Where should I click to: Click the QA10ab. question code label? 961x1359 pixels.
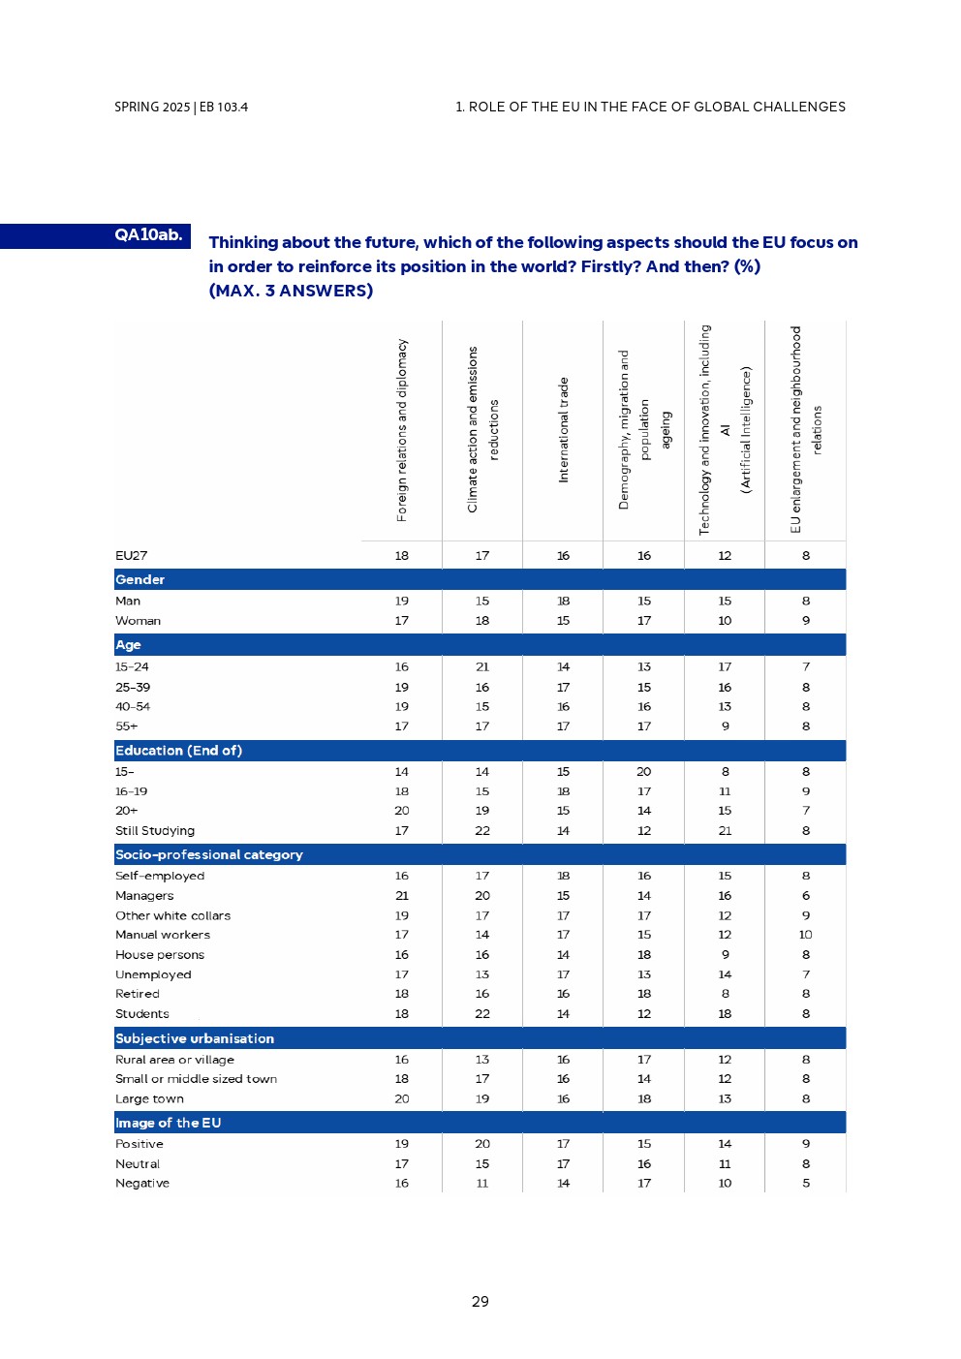[x=148, y=235]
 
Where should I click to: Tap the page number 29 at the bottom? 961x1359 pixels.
[x=480, y=1302]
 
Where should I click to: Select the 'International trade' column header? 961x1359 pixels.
[x=563, y=430]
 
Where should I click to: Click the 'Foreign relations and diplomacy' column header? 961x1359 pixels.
[x=402, y=430]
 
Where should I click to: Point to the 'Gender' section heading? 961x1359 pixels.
[x=140, y=579]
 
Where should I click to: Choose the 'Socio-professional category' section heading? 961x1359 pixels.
[x=209, y=854]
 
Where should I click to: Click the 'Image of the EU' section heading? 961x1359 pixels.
[x=169, y=1123]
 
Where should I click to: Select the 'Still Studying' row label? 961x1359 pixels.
[x=155, y=831]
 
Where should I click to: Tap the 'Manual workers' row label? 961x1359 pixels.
[x=163, y=935]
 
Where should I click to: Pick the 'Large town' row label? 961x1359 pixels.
[x=149, y=1099]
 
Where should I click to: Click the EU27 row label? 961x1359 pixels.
[x=132, y=556]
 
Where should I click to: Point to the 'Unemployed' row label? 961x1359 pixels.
[x=153, y=974]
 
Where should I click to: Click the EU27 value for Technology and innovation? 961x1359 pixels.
[x=725, y=556]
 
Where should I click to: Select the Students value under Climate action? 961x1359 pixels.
[x=482, y=1014]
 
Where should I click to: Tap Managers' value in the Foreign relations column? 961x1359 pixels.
[x=402, y=896]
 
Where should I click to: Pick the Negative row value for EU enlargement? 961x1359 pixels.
[x=806, y=1184]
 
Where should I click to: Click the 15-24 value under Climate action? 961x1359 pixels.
[x=482, y=667]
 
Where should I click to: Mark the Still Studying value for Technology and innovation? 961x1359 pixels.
[x=725, y=831]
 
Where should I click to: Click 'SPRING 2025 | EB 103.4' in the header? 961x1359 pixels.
[x=181, y=108]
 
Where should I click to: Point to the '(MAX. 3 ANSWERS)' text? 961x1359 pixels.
[x=291, y=291]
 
